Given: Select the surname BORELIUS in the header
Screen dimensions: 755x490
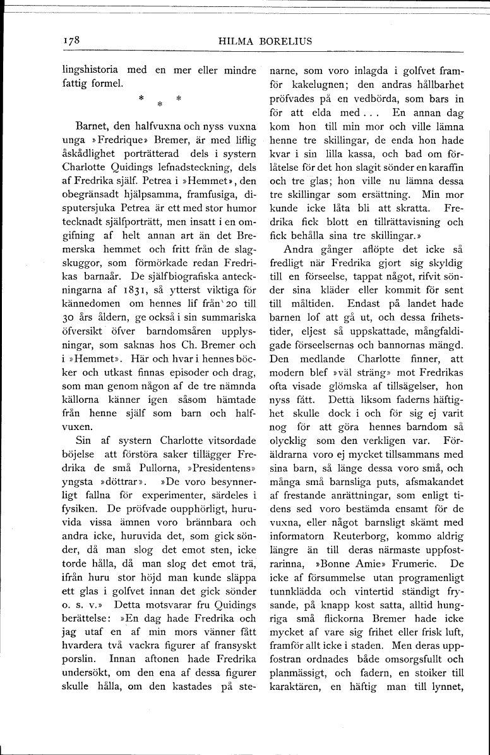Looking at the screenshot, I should click(286, 41).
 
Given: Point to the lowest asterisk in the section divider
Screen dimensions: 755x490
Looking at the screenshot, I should click(160, 103).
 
